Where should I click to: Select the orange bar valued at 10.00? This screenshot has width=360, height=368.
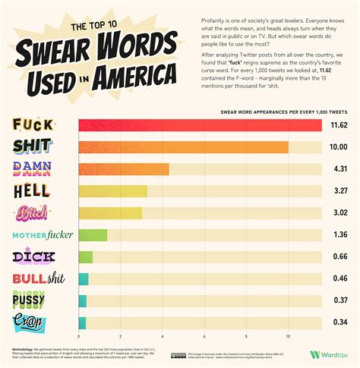coord(183,147)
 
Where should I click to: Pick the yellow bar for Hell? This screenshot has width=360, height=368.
coord(112,191)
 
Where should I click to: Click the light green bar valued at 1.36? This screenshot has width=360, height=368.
coord(93,235)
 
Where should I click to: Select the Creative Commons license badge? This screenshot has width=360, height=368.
coord(178,355)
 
